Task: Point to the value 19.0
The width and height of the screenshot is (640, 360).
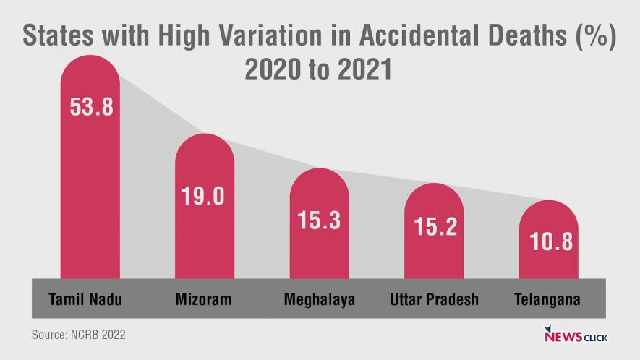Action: click(x=205, y=197)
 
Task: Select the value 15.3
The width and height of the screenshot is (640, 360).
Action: click(x=319, y=220)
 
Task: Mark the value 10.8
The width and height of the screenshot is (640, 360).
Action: click(x=548, y=241)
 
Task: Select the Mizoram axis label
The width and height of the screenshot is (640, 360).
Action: click(x=203, y=299)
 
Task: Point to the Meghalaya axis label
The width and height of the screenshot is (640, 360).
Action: click(x=319, y=299)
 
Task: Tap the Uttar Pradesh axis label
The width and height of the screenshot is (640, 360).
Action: click(x=434, y=299)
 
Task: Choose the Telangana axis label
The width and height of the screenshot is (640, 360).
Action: click(x=547, y=299)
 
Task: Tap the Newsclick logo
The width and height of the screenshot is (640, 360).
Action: click(x=575, y=335)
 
